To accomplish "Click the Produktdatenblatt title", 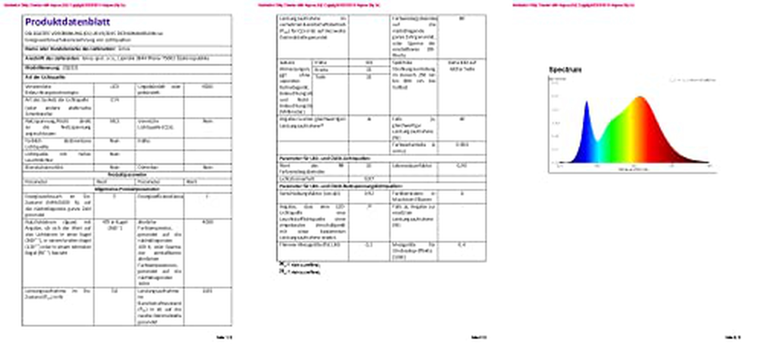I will pos(68,22).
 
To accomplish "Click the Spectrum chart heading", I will pos(565,70).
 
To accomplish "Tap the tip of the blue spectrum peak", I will pos(587,102).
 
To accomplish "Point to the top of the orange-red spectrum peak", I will pos(640,97).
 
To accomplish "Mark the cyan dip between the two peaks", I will pos(598,142).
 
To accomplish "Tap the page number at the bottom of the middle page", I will pos(479,337).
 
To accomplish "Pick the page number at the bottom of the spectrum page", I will pos(733,337).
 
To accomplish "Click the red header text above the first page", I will pos(65,5).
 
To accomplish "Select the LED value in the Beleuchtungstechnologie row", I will pos(114,87).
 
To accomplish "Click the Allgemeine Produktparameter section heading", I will pos(127,189).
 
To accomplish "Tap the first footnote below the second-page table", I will pos(300,265).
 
